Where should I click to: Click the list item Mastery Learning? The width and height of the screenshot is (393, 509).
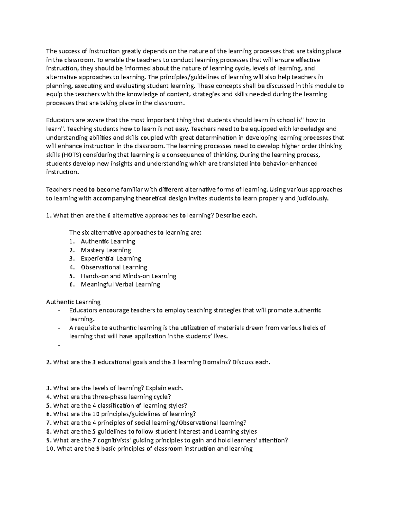[x=106, y=250]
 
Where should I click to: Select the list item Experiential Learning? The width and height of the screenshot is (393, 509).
[x=111, y=259]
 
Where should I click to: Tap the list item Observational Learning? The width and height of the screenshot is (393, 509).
[x=114, y=267]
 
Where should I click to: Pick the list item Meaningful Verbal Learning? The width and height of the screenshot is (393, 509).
[x=120, y=284]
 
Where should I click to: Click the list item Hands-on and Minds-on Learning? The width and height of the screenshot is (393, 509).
[x=128, y=276]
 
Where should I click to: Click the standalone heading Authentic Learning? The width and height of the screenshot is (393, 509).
[x=73, y=302]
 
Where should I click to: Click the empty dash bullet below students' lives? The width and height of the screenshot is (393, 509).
[x=59, y=345]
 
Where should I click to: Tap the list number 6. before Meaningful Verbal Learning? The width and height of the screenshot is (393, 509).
[x=72, y=284]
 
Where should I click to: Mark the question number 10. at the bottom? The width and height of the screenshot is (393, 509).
[x=51, y=449]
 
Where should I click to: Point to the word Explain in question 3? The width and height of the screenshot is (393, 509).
[x=155, y=388]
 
